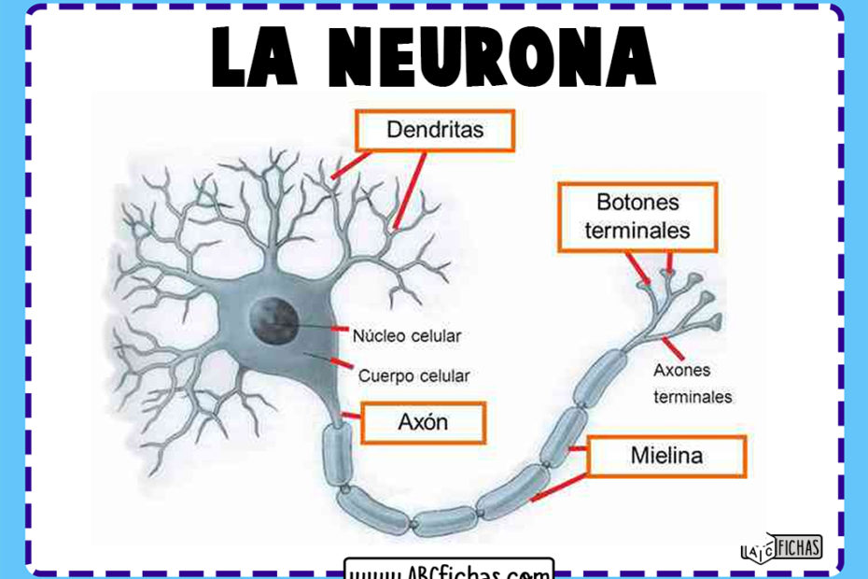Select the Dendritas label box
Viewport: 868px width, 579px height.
tap(434, 130)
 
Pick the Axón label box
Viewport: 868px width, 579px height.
tap(423, 422)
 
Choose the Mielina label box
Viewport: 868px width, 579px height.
tap(666, 457)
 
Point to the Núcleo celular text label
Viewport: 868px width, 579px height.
tap(406, 334)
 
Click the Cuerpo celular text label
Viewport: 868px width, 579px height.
tap(413, 375)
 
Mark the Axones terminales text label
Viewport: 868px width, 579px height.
tap(692, 383)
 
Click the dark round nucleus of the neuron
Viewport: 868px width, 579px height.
tap(273, 321)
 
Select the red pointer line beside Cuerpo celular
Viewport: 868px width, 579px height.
tap(342, 363)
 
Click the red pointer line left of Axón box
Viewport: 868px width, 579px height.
tap(351, 414)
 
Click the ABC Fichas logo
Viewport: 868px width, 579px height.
tap(780, 547)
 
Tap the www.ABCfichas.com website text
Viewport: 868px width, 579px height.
tap(449, 570)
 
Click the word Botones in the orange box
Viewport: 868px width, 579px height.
tap(637, 203)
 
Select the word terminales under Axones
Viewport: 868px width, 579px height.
tap(692, 397)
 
